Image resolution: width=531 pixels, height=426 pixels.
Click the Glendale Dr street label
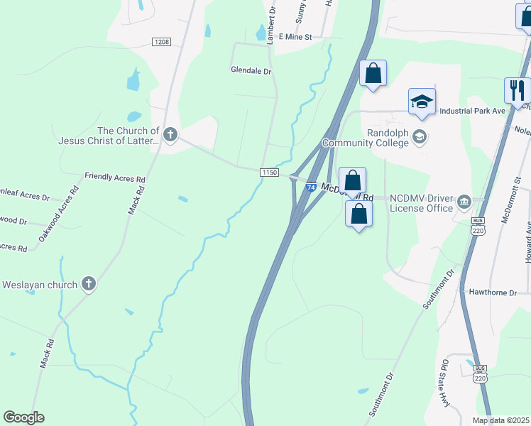pyautogui.click(x=251, y=71)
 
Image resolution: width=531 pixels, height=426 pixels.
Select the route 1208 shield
pyautogui.click(x=161, y=43)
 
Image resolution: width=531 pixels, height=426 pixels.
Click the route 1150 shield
pyautogui.click(x=268, y=173)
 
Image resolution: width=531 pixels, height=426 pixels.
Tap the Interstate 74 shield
pyautogui.click(x=311, y=187)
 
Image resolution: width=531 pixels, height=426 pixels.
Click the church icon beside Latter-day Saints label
pyautogui.click(x=170, y=133)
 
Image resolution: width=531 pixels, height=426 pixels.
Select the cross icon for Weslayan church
pyautogui.click(x=89, y=285)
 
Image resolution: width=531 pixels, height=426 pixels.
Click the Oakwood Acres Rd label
pyautogui.click(x=58, y=212)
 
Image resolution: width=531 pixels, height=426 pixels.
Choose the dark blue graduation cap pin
pyautogui.click(x=422, y=102)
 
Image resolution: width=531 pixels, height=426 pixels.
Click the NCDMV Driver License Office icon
pyautogui.click(x=464, y=202)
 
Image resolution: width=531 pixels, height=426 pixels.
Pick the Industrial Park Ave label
pyautogui.click(x=472, y=111)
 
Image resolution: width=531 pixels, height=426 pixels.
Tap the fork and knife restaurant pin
pyautogui.click(x=516, y=89)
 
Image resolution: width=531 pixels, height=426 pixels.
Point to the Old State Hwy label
pyautogui.click(x=447, y=383)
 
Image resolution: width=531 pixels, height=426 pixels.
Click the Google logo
pyautogui.click(x=24, y=417)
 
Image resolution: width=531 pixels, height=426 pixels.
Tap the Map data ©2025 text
pyautogui.click(x=501, y=420)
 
